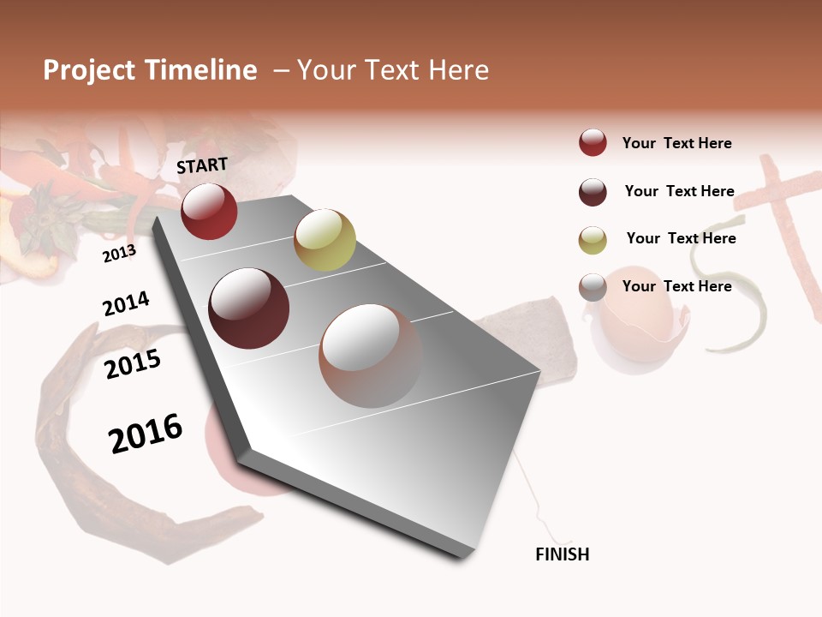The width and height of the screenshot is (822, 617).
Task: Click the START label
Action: coord(202,165)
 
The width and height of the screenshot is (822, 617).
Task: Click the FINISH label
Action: coord(562,554)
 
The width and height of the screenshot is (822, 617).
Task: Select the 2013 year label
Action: coord(119,253)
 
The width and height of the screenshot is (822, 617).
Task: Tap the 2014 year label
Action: coord(126,304)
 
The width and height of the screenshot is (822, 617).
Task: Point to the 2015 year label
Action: coord(133,365)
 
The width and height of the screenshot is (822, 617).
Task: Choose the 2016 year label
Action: coord(146,434)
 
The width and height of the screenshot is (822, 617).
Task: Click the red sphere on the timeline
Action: coord(209,211)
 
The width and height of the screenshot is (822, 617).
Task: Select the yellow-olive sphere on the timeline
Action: coord(325,240)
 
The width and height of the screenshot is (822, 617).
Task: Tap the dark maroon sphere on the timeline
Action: coord(249,308)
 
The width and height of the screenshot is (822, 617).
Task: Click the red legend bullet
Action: coord(593,143)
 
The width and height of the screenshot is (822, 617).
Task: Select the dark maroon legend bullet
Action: coord(593,192)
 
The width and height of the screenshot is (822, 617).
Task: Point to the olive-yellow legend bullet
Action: coord(593,240)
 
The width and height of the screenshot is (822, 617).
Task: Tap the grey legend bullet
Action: coord(593,287)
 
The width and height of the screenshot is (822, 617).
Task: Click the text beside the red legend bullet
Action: coord(676,143)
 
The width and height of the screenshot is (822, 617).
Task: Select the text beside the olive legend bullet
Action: coord(681,238)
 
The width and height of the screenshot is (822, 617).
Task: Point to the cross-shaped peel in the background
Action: coord(775,214)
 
